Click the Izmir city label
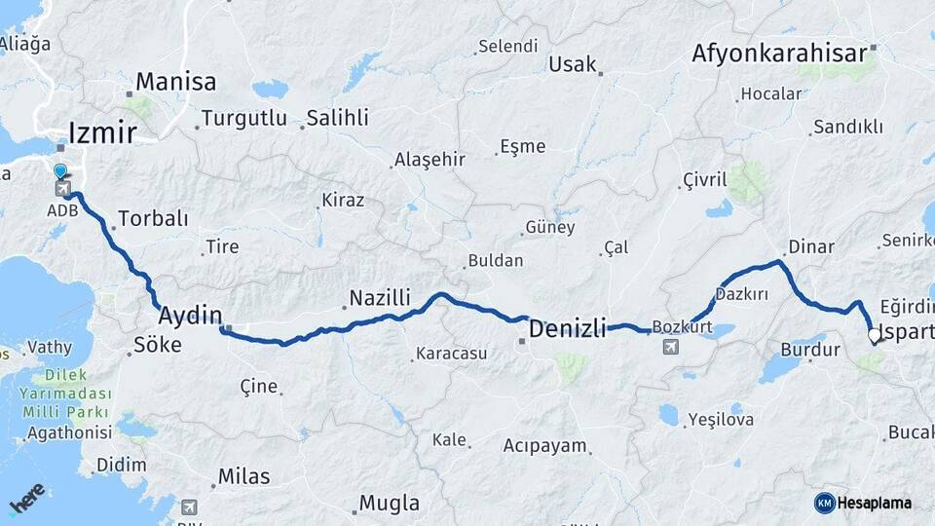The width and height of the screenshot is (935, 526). (x=102, y=131)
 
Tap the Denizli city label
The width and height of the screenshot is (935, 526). (x=567, y=329)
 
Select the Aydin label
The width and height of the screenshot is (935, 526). (x=190, y=316)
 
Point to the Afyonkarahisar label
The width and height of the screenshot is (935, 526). (x=779, y=54)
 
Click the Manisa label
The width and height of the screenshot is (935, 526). (x=175, y=82)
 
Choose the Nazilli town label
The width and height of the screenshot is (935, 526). (x=380, y=297)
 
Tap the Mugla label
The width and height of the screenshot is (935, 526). (x=390, y=504)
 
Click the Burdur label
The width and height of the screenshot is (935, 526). (x=810, y=349)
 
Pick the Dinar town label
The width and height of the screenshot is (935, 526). (x=811, y=246)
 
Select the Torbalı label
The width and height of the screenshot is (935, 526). (x=153, y=218)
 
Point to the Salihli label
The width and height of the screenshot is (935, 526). (x=337, y=118)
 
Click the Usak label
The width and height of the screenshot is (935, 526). (x=572, y=64)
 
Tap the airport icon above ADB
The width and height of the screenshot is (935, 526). (x=62, y=188)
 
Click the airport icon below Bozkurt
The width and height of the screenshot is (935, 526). (x=670, y=347)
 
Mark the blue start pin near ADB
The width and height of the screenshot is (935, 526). (x=61, y=172)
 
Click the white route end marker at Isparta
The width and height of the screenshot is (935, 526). (x=875, y=338)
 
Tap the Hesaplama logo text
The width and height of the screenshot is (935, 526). (x=875, y=503)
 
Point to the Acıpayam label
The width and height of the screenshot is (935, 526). (x=545, y=446)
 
